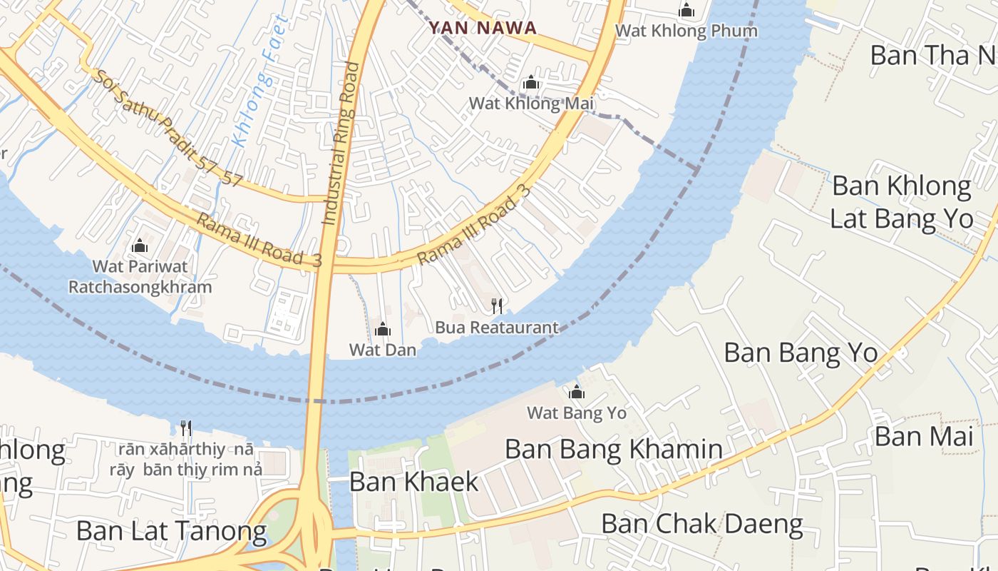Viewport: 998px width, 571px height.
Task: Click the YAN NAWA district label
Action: (482, 28)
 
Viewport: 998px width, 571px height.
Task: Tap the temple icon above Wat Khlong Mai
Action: (530, 84)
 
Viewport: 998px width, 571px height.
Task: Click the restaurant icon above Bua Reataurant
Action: (497, 306)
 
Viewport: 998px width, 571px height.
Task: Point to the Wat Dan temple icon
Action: (383, 329)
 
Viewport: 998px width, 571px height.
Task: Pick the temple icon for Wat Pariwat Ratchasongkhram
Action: (140, 246)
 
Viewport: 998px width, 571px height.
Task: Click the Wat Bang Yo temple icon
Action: (577, 392)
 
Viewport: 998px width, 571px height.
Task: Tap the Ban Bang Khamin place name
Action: (613, 449)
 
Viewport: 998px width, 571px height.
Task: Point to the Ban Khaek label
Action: (413, 482)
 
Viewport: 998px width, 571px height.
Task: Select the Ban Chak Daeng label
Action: (701, 525)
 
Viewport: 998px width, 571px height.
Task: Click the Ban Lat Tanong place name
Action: (171, 531)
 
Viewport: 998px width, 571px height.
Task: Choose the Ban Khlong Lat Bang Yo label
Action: (902, 202)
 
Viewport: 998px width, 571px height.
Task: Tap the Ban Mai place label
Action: (923, 436)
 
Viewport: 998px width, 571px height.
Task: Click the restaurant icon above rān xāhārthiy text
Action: (186, 428)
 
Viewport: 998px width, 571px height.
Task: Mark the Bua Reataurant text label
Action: (497, 328)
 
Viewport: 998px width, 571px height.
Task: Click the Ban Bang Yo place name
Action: (801, 353)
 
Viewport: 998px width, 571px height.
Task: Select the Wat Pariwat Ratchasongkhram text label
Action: (140, 277)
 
